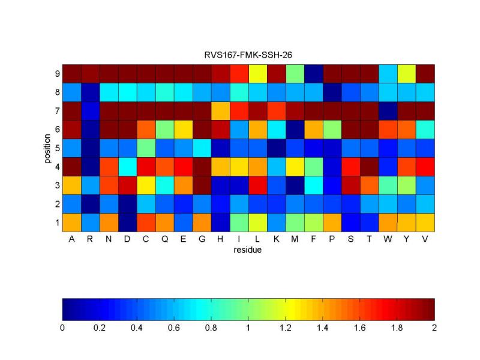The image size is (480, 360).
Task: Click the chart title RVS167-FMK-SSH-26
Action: [x=248, y=55]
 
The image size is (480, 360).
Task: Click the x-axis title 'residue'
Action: [x=248, y=250]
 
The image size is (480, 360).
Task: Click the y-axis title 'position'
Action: [x=46, y=148]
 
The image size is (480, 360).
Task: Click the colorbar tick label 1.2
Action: [x=285, y=328]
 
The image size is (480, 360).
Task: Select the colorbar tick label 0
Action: [x=62, y=328]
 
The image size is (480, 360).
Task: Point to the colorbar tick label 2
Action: [x=434, y=328]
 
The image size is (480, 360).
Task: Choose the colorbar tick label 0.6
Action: [x=174, y=328]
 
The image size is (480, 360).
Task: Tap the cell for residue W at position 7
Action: [x=388, y=111]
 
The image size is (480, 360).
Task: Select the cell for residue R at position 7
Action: [x=91, y=111]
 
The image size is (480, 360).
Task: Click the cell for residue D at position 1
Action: [x=128, y=223]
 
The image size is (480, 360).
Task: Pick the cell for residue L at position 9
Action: [x=257, y=74]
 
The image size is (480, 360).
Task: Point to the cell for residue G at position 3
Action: [x=202, y=185]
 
